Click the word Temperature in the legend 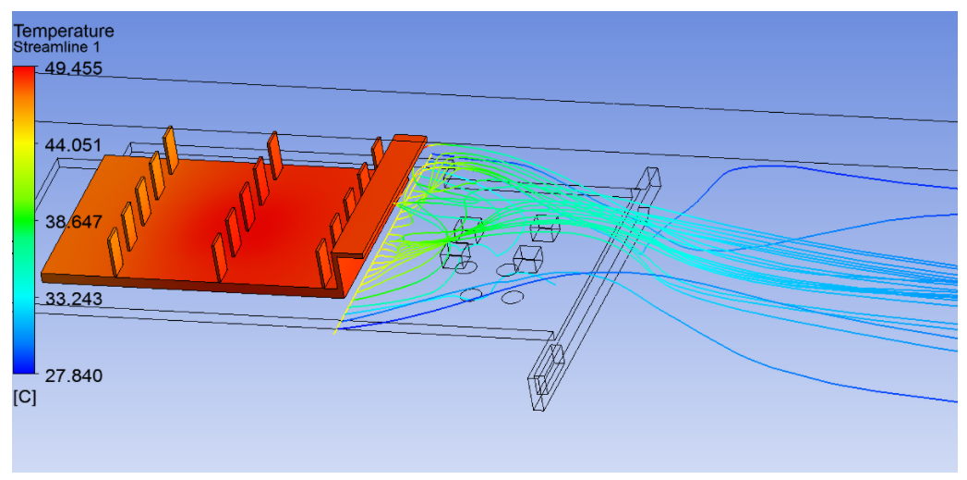pyautogui.click(x=63, y=31)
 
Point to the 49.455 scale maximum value pyautogui.click(x=73, y=68)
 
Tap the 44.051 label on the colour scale pyautogui.click(x=73, y=145)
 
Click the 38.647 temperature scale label pyautogui.click(x=73, y=222)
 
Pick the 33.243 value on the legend pyautogui.click(x=73, y=299)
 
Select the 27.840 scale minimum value pyautogui.click(x=73, y=375)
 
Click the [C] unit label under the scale pyautogui.click(x=25, y=399)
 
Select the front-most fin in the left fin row pyautogui.click(x=115, y=251)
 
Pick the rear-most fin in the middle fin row pyautogui.click(x=273, y=152)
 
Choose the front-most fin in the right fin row pyautogui.click(x=324, y=263)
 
